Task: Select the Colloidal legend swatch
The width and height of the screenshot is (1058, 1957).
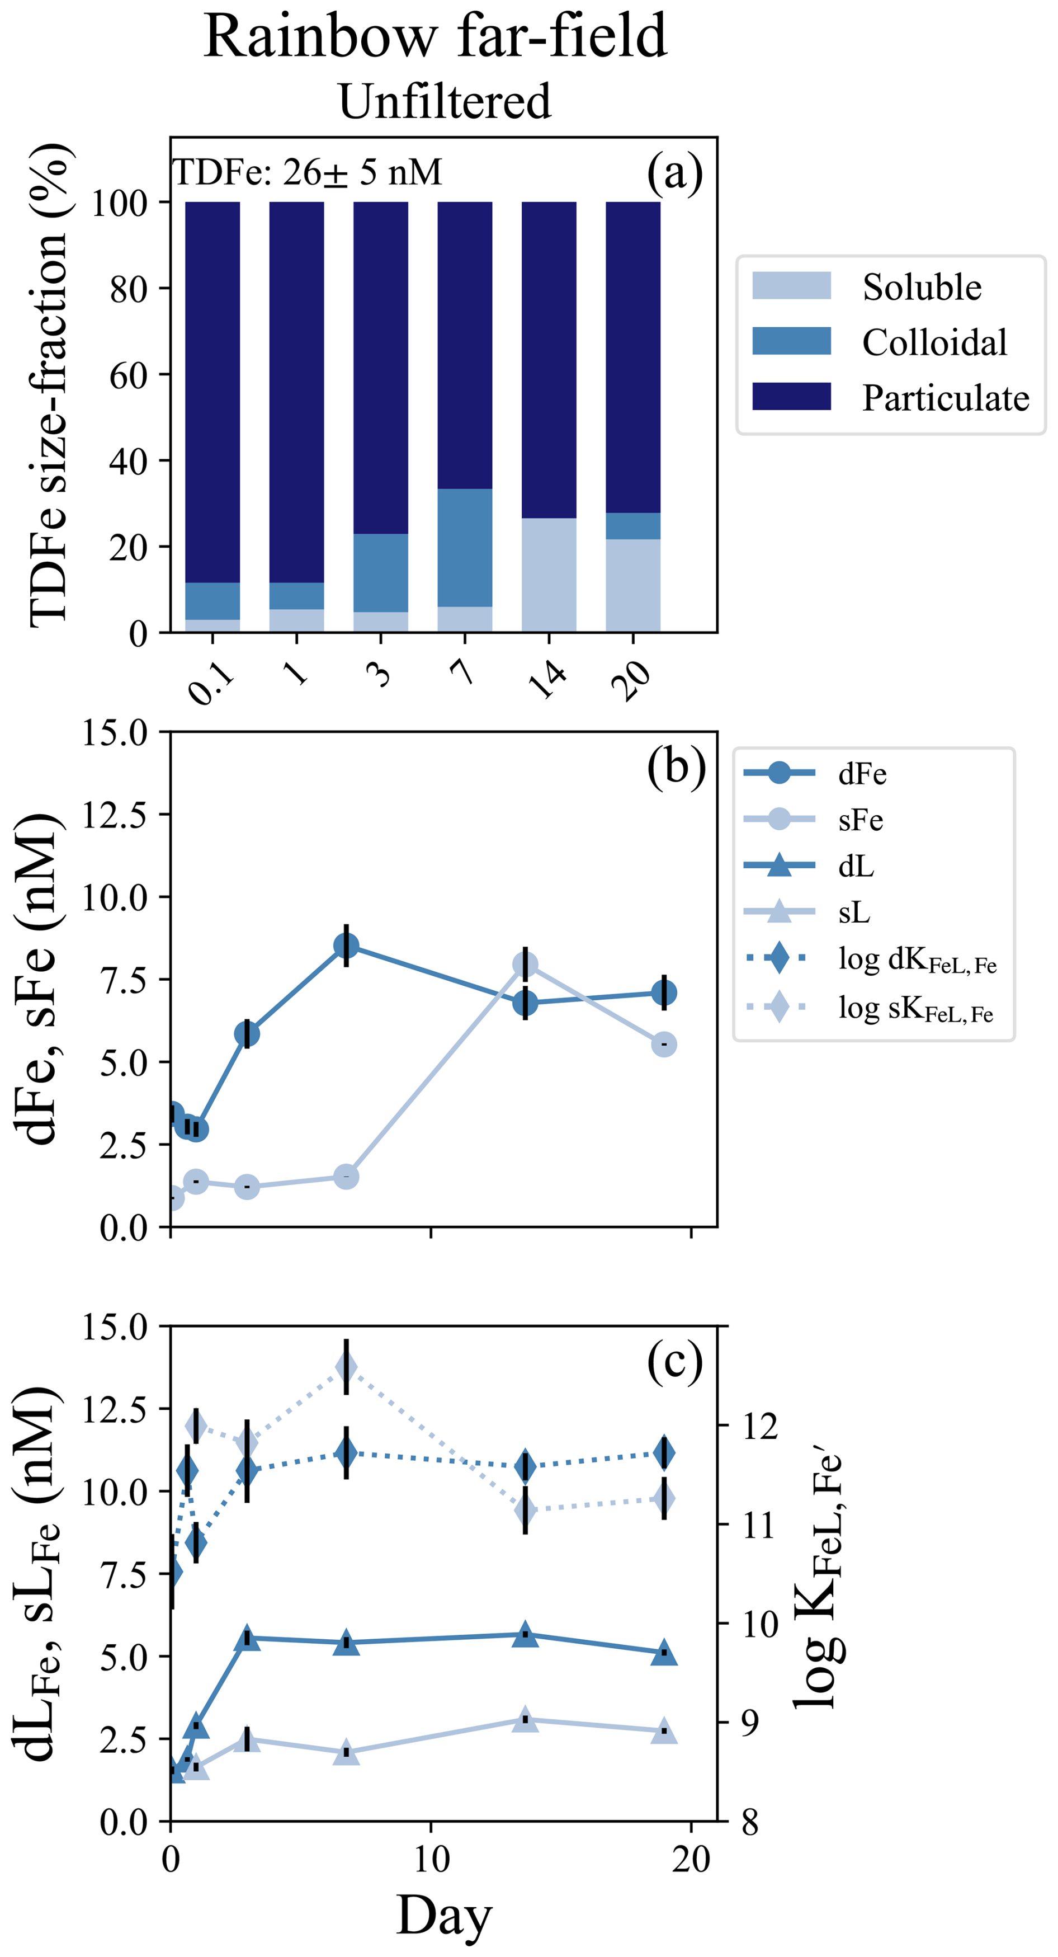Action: pyautogui.click(x=791, y=341)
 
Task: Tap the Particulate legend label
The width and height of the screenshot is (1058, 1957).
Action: pyautogui.click(x=945, y=397)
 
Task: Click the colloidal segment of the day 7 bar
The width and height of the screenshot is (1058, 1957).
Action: pyautogui.click(x=464, y=547)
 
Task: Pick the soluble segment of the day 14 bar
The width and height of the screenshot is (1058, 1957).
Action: pyautogui.click(x=549, y=575)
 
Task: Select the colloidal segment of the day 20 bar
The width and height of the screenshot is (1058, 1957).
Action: pyautogui.click(x=632, y=526)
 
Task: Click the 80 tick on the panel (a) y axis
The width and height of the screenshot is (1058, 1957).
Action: pyautogui.click(x=127, y=288)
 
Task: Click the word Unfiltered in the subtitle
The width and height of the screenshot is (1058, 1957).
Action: pyautogui.click(x=445, y=101)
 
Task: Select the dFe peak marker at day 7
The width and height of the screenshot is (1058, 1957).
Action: pyautogui.click(x=346, y=946)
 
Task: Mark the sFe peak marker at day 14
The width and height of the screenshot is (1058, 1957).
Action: pyautogui.click(x=525, y=966)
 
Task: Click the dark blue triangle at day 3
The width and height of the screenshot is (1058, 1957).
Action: pyautogui.click(x=247, y=1639)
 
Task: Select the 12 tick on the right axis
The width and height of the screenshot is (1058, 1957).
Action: pyautogui.click(x=759, y=1427)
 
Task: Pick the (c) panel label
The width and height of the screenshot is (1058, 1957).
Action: pyautogui.click(x=674, y=1363)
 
